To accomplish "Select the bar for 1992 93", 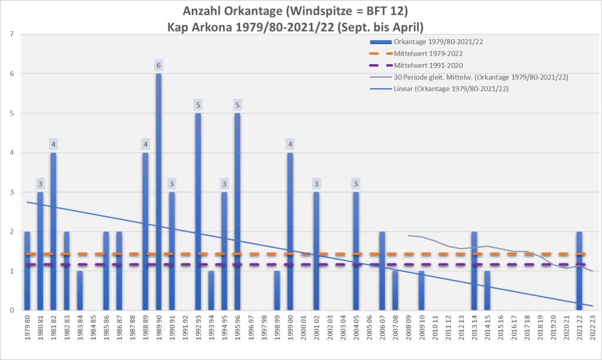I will coord(198,212).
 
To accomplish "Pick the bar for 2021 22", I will coord(580,271).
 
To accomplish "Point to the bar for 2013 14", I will coord(474,271).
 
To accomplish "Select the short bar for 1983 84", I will coord(79,291).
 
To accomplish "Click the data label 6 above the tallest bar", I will coord(158,65).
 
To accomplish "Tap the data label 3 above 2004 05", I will coord(356,184).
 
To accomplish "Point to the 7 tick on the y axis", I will coord(12,34).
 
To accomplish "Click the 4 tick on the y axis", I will coord(12,152).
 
